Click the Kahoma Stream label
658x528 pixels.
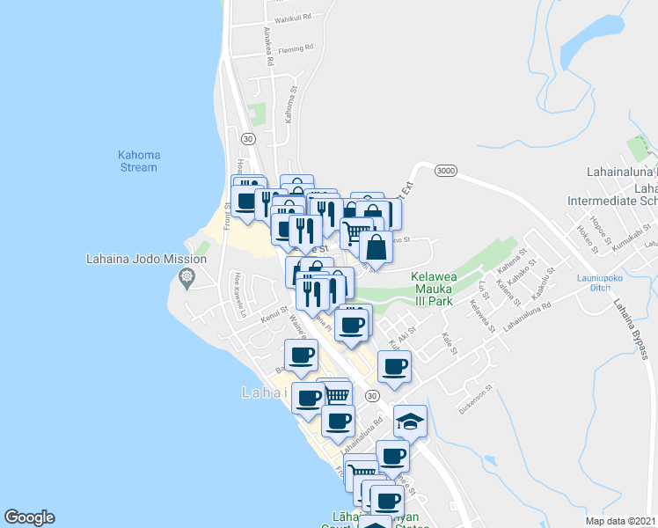tap(138, 161)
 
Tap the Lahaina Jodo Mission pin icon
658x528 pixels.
tap(186, 279)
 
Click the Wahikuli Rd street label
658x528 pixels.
tap(293, 18)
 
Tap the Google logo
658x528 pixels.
tap(29, 517)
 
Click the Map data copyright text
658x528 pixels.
tap(620, 521)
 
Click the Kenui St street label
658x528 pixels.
tap(274, 314)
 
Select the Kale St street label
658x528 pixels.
tap(451, 344)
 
